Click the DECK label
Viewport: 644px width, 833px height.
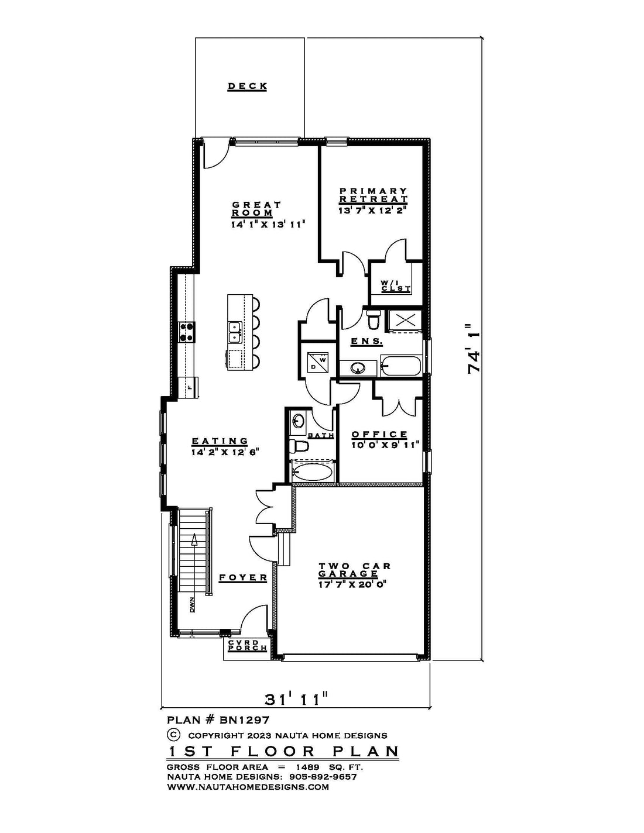click(248, 86)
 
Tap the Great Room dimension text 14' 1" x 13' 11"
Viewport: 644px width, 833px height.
click(268, 224)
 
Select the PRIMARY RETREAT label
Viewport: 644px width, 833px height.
click(373, 195)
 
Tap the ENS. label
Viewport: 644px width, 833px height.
click(366, 341)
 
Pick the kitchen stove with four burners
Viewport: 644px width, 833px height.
click(187, 332)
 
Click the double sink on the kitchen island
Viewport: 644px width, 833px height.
click(234, 332)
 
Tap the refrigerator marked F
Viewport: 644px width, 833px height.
click(189, 388)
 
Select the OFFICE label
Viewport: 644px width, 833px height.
click(379, 434)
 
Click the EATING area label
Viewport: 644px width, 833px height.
click(220, 441)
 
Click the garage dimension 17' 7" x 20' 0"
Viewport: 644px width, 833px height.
click(352, 584)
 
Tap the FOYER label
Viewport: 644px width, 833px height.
click(243, 577)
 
